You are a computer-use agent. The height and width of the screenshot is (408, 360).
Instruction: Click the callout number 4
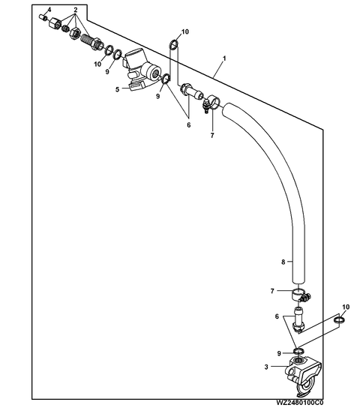[49, 10]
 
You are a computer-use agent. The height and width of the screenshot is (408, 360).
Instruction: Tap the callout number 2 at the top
[76, 10]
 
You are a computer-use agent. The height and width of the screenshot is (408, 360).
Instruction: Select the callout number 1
[224, 58]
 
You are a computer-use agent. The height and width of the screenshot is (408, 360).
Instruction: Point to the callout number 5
[118, 89]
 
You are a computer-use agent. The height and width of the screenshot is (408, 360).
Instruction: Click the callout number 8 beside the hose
[283, 262]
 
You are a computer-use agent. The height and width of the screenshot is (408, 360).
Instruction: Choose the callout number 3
[266, 367]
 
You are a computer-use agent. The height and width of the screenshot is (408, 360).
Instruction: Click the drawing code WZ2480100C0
[300, 402]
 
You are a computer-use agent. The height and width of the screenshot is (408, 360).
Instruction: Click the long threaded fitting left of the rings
[91, 41]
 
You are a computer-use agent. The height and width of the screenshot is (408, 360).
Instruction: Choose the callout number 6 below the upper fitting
[188, 125]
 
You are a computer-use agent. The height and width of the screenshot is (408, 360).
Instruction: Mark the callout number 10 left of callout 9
[97, 64]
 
